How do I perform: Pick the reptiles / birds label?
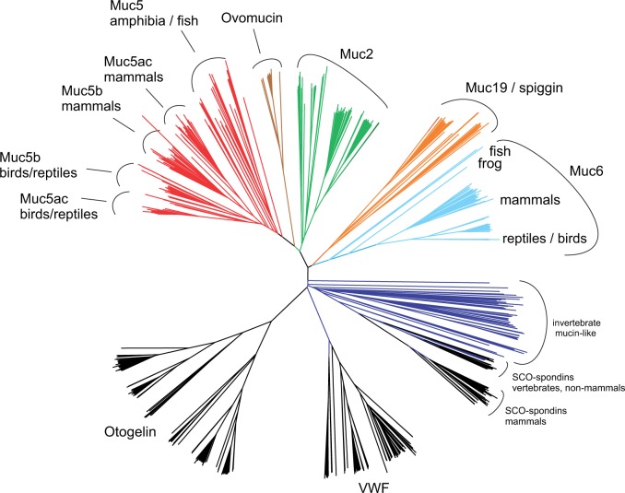[x=547, y=239]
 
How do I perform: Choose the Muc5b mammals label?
[x=92, y=98]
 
